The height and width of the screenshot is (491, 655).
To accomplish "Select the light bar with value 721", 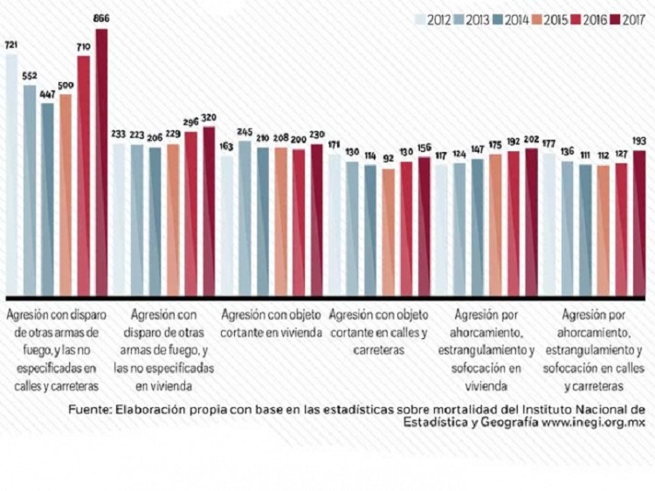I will (x=11, y=175).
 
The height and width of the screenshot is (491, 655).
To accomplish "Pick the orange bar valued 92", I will (x=389, y=232).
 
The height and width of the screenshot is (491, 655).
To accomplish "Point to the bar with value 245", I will (x=245, y=218).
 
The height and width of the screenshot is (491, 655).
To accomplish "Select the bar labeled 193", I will (x=638, y=224).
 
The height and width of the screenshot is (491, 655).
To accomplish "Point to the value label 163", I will (x=227, y=148).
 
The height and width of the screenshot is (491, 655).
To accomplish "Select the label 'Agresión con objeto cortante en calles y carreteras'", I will (x=378, y=331).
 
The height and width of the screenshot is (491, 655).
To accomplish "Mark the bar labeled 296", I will (x=190, y=214).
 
